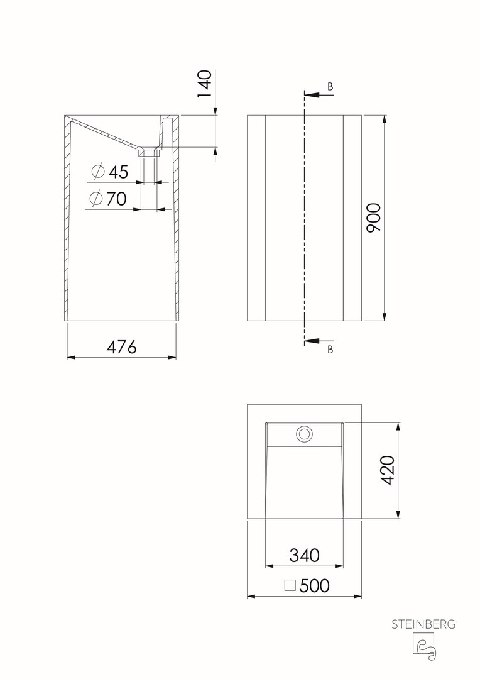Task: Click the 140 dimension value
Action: tap(205, 84)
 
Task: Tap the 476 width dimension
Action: tap(122, 347)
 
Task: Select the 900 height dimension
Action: tap(374, 218)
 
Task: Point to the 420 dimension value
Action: tap(386, 470)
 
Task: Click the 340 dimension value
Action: tap(304, 555)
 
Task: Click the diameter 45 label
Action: tap(111, 172)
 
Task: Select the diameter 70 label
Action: tap(108, 199)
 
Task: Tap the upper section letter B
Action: tap(330, 87)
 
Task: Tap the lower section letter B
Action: tap(330, 350)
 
